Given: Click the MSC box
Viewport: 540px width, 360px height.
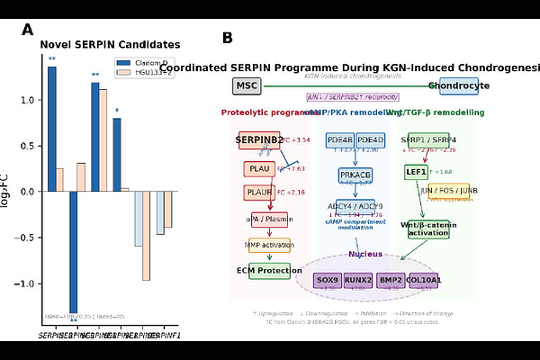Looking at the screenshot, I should tap(246, 86).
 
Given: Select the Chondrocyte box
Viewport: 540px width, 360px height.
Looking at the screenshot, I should tap(459, 86).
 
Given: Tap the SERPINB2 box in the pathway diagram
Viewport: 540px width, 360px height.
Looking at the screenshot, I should tap(260, 140).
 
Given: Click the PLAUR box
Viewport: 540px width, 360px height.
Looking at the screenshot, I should tap(258, 193).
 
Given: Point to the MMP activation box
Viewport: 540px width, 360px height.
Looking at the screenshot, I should tap(269, 245).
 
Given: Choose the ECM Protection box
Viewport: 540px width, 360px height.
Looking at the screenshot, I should tap(269, 271).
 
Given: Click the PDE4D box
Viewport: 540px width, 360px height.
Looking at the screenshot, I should tap(370, 140).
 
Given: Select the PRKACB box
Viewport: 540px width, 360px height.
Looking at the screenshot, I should tap(355, 175).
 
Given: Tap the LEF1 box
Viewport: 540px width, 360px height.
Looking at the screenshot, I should tap(416, 171).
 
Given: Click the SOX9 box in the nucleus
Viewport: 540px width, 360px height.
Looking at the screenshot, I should tap(328, 281).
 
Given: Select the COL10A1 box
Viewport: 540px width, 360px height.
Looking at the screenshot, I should tap(423, 281).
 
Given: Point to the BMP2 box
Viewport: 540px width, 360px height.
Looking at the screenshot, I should tap(391, 281).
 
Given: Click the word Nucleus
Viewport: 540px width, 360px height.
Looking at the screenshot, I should tap(366, 255).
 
